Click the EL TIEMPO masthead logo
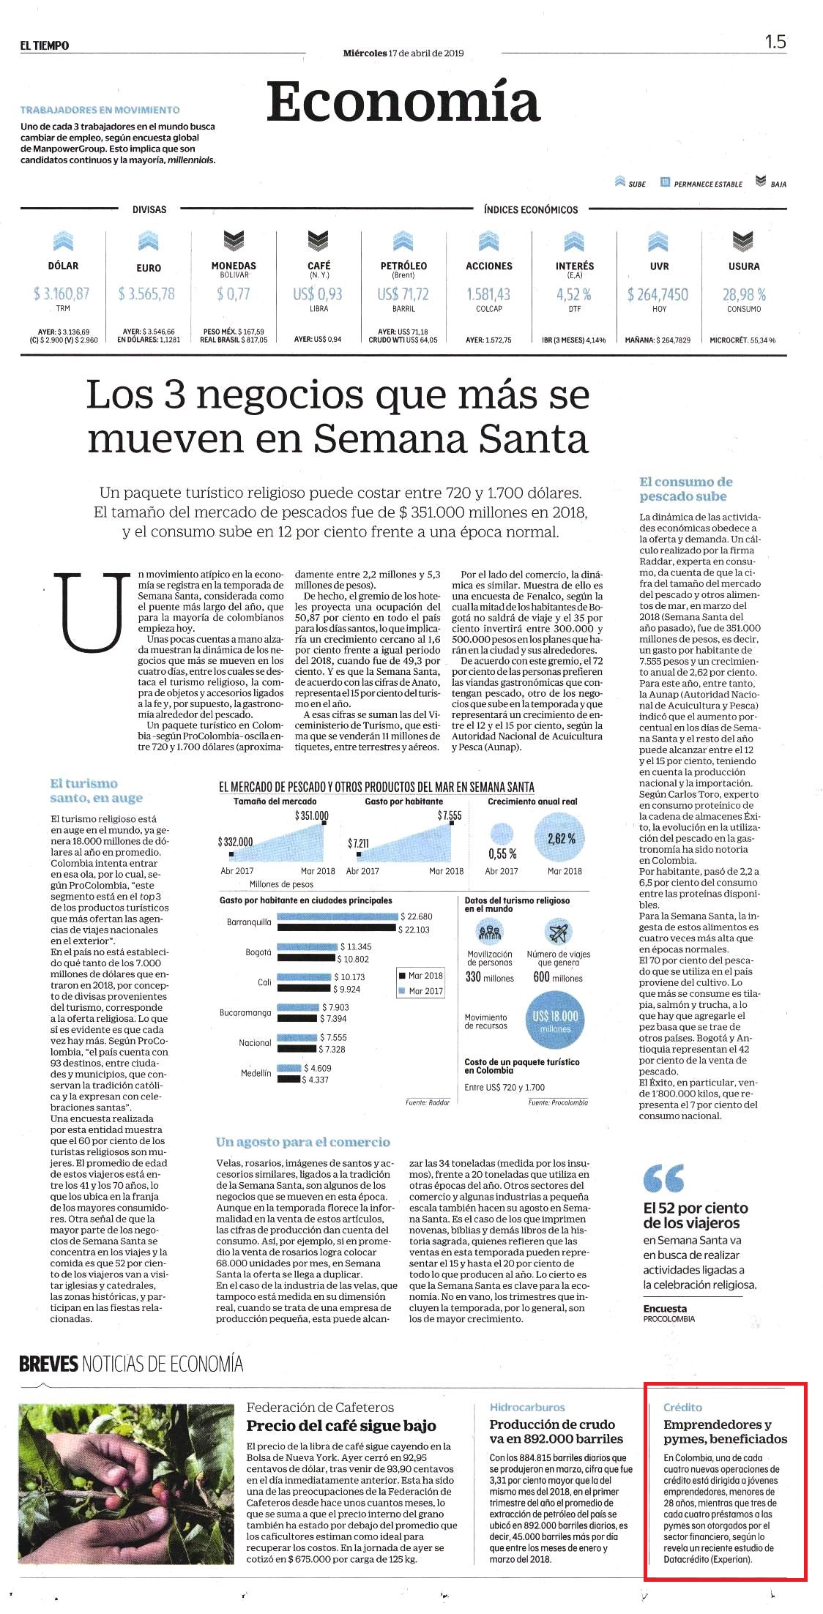pyautogui.click(x=45, y=45)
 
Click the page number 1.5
pyautogui.click(x=775, y=42)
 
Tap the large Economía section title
pyautogui.click(x=403, y=102)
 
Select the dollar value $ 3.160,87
pyautogui.click(x=62, y=294)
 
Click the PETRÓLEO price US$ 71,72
pyautogui.click(x=403, y=294)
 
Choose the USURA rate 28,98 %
pyautogui.click(x=744, y=294)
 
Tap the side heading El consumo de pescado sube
pyautogui.click(x=685, y=489)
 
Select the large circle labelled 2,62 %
pyautogui.click(x=562, y=839)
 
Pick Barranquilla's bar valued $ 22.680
pyautogui.click(x=338, y=916)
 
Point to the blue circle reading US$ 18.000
pyautogui.click(x=555, y=1021)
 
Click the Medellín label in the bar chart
pyautogui.click(x=256, y=1073)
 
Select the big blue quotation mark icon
pyautogui.click(x=663, y=1178)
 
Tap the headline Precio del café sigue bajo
pyautogui.click(x=341, y=1426)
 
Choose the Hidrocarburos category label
pyautogui.click(x=527, y=1407)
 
